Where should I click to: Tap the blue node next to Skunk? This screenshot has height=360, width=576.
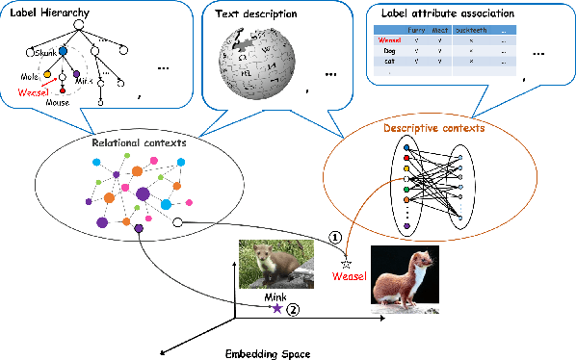tap(63, 52)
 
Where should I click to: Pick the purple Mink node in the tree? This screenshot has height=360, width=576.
tap(77, 74)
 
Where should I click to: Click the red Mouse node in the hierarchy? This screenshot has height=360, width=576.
tap(64, 90)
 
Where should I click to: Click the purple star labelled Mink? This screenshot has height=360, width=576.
tap(276, 308)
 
